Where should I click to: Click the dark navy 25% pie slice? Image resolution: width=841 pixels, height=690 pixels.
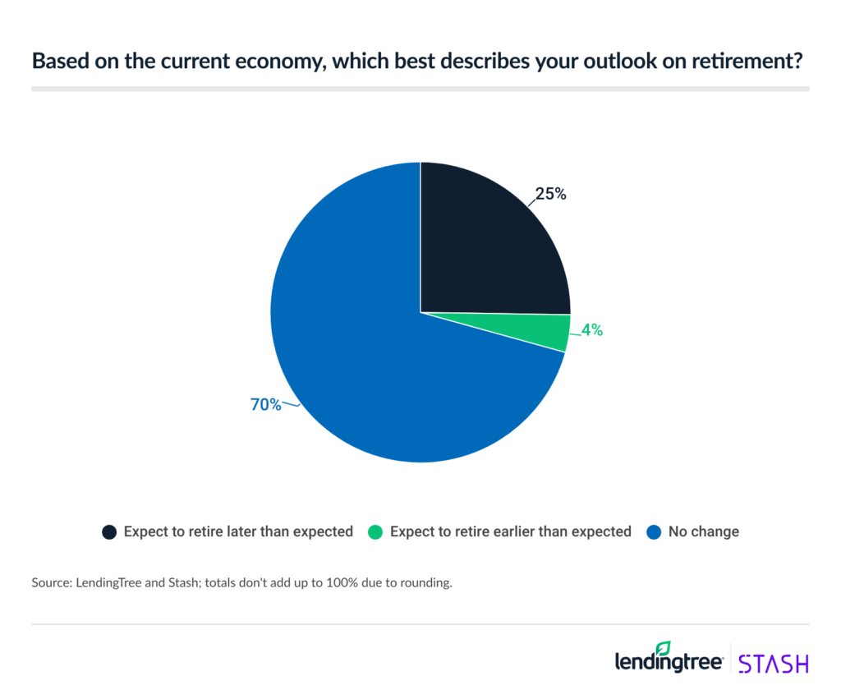click(x=485, y=246)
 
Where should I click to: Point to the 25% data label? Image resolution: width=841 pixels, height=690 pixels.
click(x=550, y=195)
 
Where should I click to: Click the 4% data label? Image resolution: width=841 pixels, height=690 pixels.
click(x=592, y=330)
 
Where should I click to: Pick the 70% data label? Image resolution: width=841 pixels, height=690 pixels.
click(x=265, y=404)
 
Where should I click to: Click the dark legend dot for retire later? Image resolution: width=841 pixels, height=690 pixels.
click(x=108, y=532)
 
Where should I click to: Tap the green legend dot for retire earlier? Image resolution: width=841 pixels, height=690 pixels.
click(x=375, y=532)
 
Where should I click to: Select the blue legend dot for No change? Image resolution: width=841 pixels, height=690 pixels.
click(x=654, y=532)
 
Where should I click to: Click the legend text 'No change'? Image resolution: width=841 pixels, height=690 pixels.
click(x=703, y=531)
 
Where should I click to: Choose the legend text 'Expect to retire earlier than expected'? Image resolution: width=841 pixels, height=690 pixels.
click(x=510, y=531)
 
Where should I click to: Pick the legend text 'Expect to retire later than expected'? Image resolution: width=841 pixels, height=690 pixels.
click(x=238, y=531)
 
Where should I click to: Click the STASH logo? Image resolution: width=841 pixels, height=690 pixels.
click(x=773, y=663)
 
